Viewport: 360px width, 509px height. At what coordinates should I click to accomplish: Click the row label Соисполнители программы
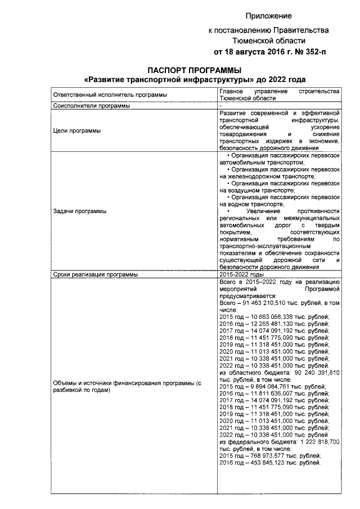pos(92,105)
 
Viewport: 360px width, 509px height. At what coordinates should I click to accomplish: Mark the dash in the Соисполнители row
pos(221,105)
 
